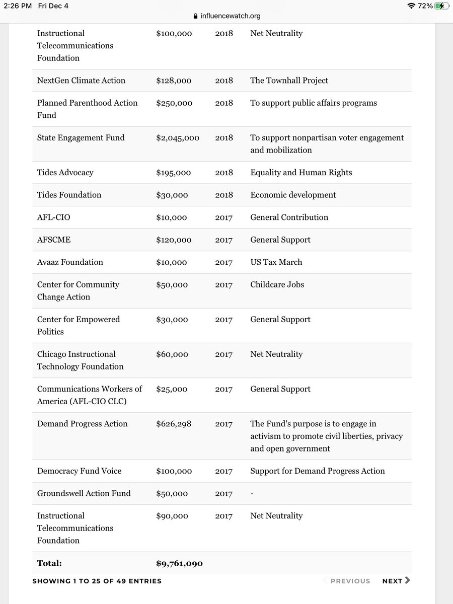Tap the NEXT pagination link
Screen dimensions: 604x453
click(x=396, y=581)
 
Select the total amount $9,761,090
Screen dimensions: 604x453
click(x=179, y=563)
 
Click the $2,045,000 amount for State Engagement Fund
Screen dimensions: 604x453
click(x=178, y=138)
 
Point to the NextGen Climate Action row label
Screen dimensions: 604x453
click(x=81, y=81)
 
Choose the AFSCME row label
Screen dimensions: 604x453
click(x=54, y=240)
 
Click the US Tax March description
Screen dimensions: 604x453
click(x=276, y=262)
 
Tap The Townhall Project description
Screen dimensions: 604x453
click(x=289, y=81)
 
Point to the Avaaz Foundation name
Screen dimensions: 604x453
click(x=70, y=262)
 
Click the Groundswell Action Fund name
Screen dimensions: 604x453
click(x=84, y=493)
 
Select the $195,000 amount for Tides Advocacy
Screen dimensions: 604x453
click(x=174, y=173)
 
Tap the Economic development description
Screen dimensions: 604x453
click(x=293, y=195)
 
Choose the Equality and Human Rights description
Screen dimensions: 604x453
click(x=301, y=173)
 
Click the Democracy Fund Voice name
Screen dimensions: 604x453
click(x=79, y=471)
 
